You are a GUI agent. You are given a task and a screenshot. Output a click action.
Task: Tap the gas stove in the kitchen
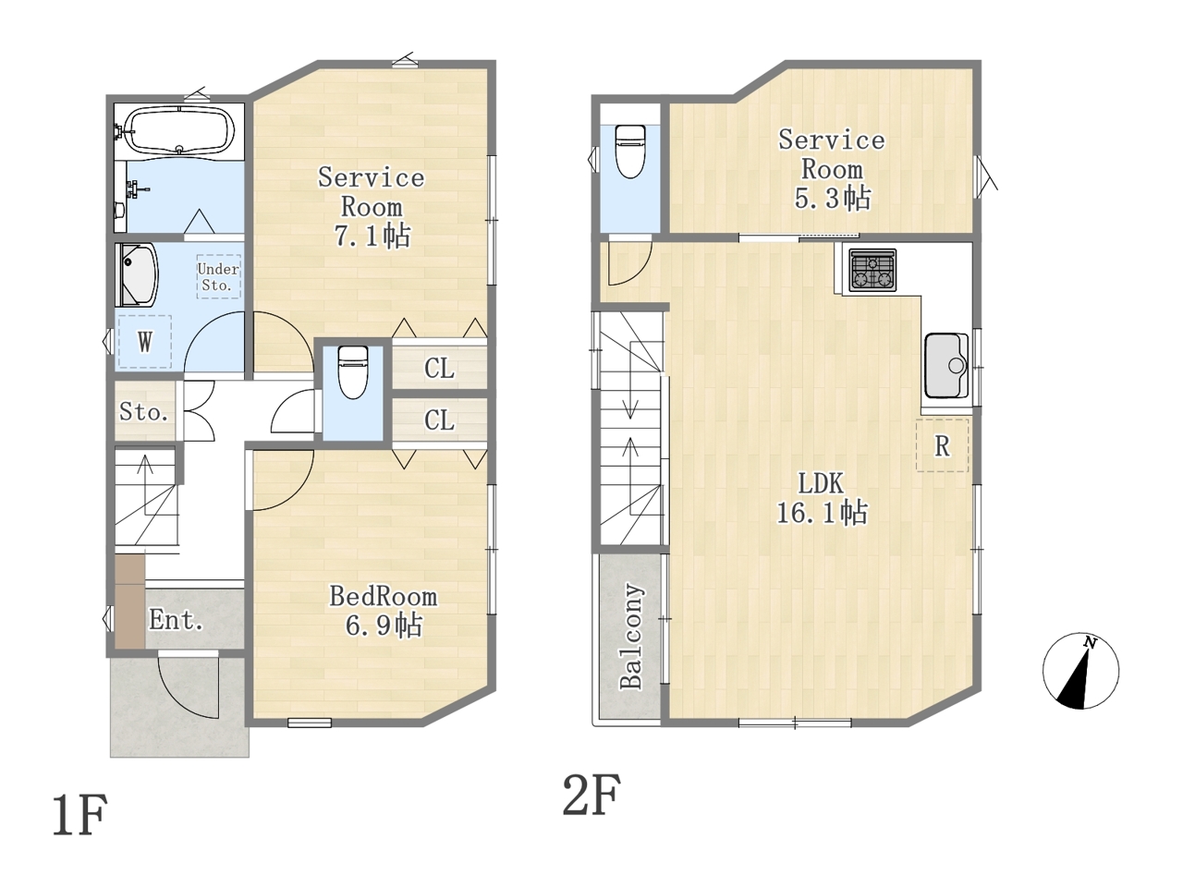(872, 271)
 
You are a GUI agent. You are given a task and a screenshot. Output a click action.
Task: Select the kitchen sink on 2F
(945, 366)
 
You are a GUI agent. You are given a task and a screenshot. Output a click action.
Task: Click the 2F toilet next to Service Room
(630, 152)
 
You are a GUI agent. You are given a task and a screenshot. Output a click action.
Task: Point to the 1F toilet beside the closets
(353, 372)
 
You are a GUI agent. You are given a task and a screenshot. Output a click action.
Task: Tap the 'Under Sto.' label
(218, 277)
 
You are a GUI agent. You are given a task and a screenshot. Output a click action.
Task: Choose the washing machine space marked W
(144, 342)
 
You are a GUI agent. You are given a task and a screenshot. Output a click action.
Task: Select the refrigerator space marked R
(942, 445)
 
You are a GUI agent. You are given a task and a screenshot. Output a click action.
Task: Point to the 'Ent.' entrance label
(177, 619)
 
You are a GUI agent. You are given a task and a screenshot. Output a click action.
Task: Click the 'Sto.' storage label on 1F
(143, 412)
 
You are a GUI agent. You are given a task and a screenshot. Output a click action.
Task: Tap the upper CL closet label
(439, 369)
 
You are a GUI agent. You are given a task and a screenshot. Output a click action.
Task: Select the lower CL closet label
(439, 420)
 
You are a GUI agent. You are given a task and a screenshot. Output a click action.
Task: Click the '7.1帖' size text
(372, 236)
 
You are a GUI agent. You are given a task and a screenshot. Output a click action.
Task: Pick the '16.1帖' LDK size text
(822, 512)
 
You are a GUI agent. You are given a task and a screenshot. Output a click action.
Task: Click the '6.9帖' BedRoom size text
(384, 626)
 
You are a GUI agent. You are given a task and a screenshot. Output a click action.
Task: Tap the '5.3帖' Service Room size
(832, 198)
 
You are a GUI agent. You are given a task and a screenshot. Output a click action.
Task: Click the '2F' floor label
(591, 795)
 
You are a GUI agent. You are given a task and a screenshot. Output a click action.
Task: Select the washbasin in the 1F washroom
(137, 274)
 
